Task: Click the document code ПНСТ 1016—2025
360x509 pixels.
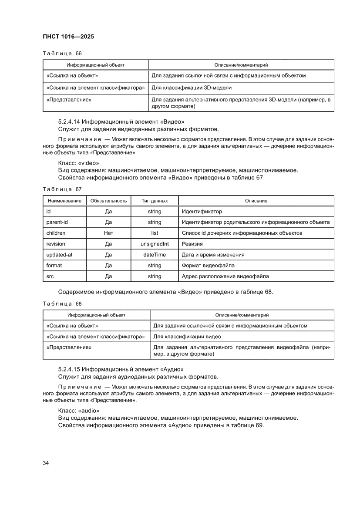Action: click(x=68, y=37)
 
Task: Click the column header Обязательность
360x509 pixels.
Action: click(x=108, y=201)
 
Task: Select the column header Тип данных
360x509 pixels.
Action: click(x=155, y=201)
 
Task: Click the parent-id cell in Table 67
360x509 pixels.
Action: click(x=57, y=222)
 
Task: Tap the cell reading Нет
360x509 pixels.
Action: click(x=108, y=233)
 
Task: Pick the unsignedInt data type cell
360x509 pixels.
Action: click(x=155, y=244)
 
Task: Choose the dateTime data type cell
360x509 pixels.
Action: click(x=155, y=255)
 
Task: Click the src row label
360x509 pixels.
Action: click(x=50, y=276)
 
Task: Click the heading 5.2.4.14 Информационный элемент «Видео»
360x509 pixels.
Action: click(x=118, y=121)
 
